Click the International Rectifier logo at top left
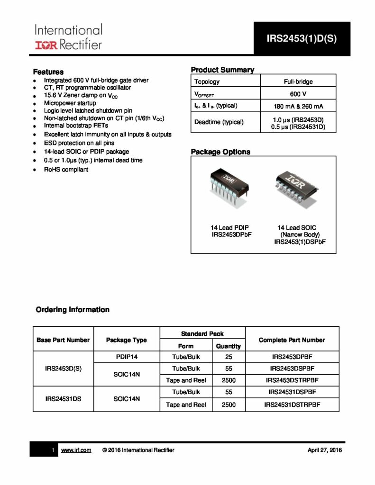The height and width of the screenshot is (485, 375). click(68, 37)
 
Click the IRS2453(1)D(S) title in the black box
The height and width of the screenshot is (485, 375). click(302, 39)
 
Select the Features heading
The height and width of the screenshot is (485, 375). click(48, 72)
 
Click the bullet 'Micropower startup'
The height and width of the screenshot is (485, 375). click(70, 103)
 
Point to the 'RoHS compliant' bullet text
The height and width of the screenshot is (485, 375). click(66, 170)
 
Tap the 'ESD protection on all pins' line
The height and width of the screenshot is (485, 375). click(79, 143)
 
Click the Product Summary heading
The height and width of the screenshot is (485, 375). click(222, 70)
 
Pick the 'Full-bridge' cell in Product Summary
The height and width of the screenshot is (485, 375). click(298, 81)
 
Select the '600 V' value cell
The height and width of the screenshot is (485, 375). click(298, 93)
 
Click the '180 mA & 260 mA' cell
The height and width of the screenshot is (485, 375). click(298, 106)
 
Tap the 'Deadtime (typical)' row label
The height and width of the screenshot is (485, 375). click(219, 122)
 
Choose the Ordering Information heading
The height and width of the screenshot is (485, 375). click(73, 310)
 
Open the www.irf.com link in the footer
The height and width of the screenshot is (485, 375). click(76, 449)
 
